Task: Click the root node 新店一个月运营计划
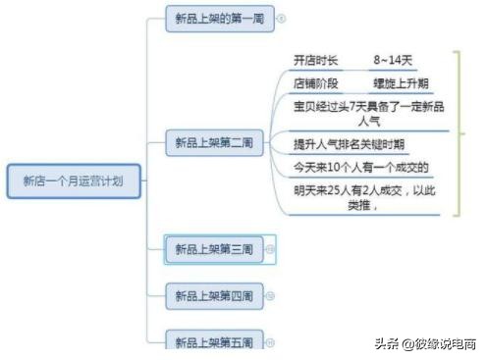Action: click(x=75, y=180)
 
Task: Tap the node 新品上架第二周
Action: click(x=214, y=143)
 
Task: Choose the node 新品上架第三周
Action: click(x=214, y=249)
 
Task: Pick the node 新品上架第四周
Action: click(x=214, y=294)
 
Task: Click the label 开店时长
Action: click(x=315, y=61)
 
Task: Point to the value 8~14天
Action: click(x=394, y=61)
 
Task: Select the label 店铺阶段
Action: click(x=315, y=83)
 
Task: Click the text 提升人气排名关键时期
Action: click(x=350, y=144)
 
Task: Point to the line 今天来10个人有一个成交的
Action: click(x=361, y=167)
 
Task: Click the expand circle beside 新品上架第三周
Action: click(x=271, y=249)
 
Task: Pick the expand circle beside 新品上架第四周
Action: click(x=271, y=294)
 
